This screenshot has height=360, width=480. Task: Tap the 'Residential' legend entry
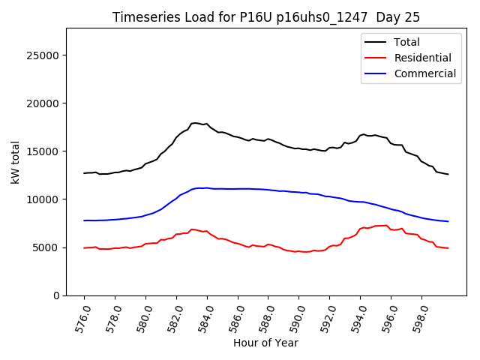422,58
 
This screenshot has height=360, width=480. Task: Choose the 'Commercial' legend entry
424,73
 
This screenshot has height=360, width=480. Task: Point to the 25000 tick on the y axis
45,55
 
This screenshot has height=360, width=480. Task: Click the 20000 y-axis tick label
45,103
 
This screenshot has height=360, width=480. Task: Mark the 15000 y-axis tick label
45,151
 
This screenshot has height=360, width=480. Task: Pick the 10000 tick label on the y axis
45,199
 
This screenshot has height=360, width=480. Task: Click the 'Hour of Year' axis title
265,343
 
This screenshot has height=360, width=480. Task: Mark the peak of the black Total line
195,123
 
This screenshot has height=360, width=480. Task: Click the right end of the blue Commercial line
448,221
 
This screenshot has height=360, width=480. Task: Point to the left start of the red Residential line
85,247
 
